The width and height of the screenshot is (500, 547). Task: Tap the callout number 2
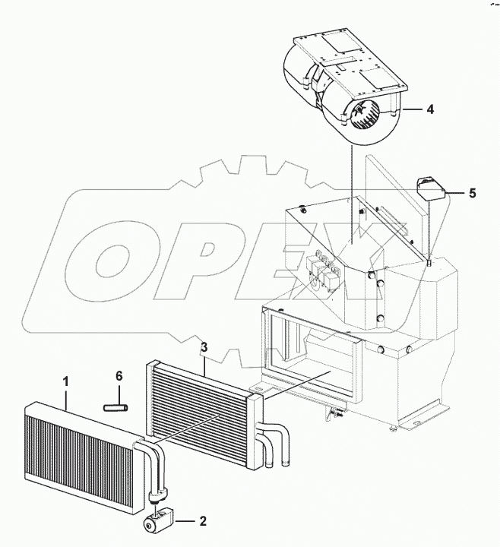(x=202, y=523)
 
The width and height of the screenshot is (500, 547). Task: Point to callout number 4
(x=430, y=109)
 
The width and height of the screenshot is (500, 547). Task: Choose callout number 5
(x=472, y=193)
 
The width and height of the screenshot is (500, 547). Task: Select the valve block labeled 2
(x=158, y=522)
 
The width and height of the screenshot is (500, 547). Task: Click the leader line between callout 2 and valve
(x=185, y=523)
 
